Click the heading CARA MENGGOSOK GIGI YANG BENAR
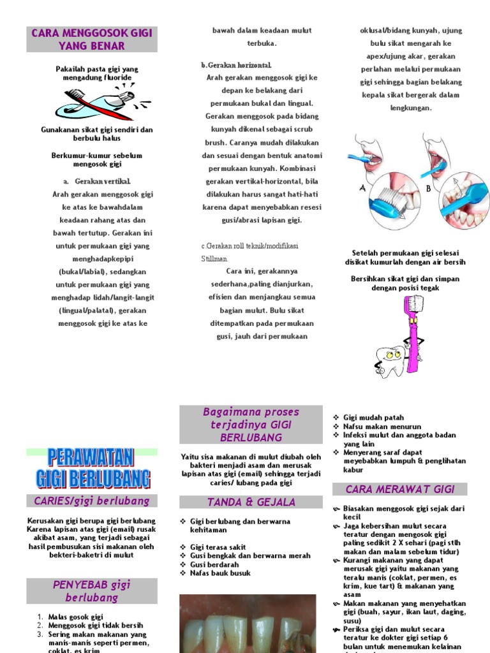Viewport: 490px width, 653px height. pos(91,40)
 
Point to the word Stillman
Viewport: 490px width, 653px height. pos(214,259)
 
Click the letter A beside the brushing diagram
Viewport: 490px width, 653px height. pos(363,189)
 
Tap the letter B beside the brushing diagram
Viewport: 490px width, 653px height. pos(429,189)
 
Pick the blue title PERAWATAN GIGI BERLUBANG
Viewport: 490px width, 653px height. pos(92,468)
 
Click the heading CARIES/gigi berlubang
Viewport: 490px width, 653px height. pos(92,501)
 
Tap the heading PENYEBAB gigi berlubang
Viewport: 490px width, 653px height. pos(92,591)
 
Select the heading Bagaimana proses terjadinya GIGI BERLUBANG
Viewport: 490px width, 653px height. pos(251,425)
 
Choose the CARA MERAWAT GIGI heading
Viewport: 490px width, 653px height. pos(400,489)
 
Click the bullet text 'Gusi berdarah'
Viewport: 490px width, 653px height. pos(214,564)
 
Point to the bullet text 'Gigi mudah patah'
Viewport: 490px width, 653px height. pos(374,418)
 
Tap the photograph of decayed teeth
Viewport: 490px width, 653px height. pos(248,624)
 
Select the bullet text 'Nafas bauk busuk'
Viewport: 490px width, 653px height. pos(220,573)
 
